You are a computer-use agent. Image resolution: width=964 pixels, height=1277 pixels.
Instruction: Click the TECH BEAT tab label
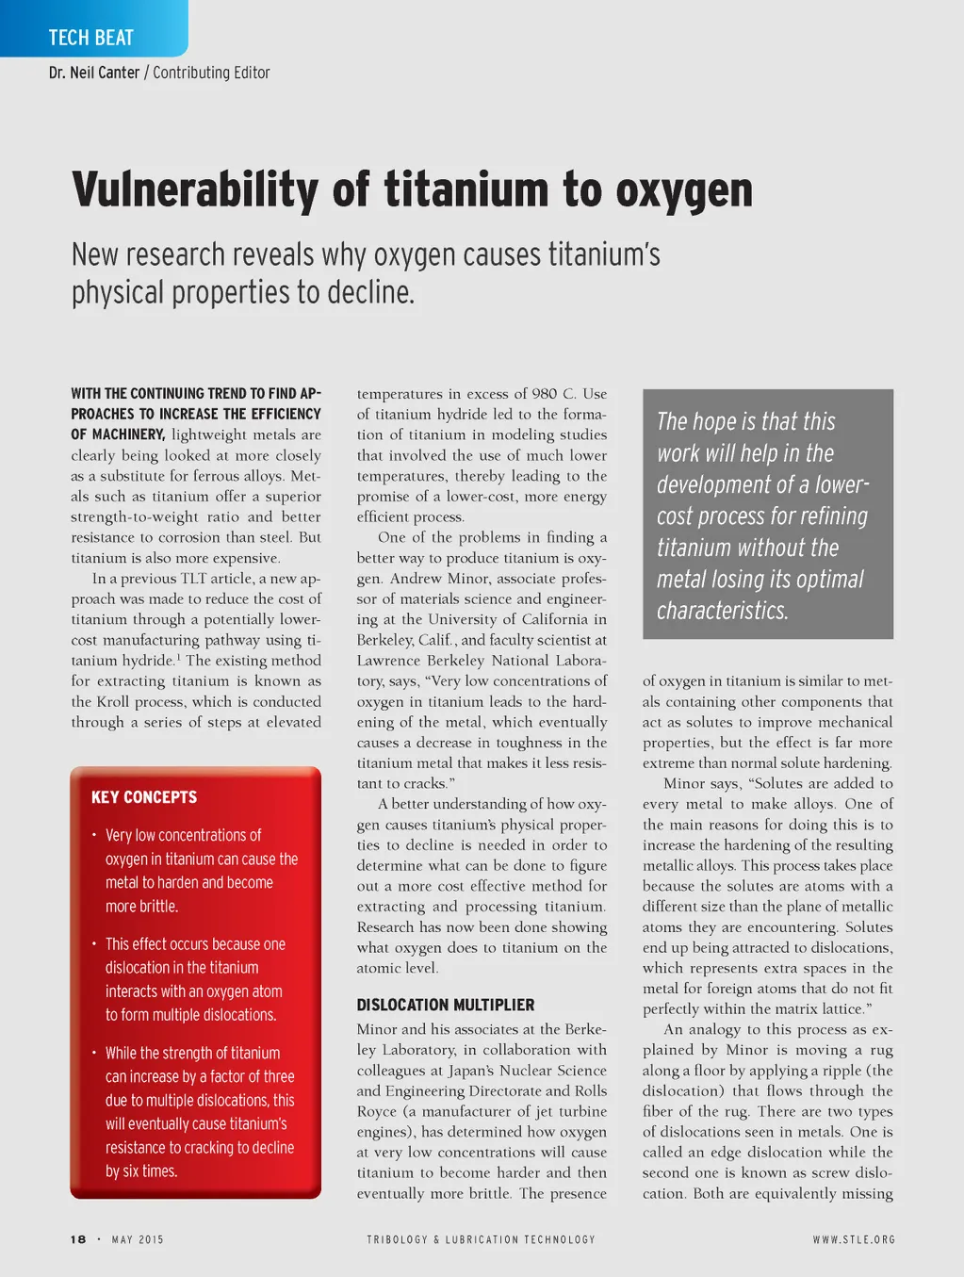[90, 38]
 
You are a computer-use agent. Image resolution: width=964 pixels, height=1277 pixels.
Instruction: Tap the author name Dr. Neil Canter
[94, 73]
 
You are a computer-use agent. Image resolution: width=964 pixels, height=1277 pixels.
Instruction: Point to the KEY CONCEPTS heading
[144, 797]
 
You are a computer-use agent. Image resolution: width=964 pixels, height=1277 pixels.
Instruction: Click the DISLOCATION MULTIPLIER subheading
[445, 1005]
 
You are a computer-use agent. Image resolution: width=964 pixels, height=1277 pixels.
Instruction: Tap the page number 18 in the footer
[78, 1239]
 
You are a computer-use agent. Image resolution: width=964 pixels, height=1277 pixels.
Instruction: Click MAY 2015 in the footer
[138, 1239]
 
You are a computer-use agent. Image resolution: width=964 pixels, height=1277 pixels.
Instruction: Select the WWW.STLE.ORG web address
[854, 1239]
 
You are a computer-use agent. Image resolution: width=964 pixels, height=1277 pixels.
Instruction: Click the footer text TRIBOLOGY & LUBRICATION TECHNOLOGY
[481, 1239]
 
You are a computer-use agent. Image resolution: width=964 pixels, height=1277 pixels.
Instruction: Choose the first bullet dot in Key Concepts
[94, 835]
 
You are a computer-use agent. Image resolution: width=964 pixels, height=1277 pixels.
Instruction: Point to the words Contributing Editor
[211, 73]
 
